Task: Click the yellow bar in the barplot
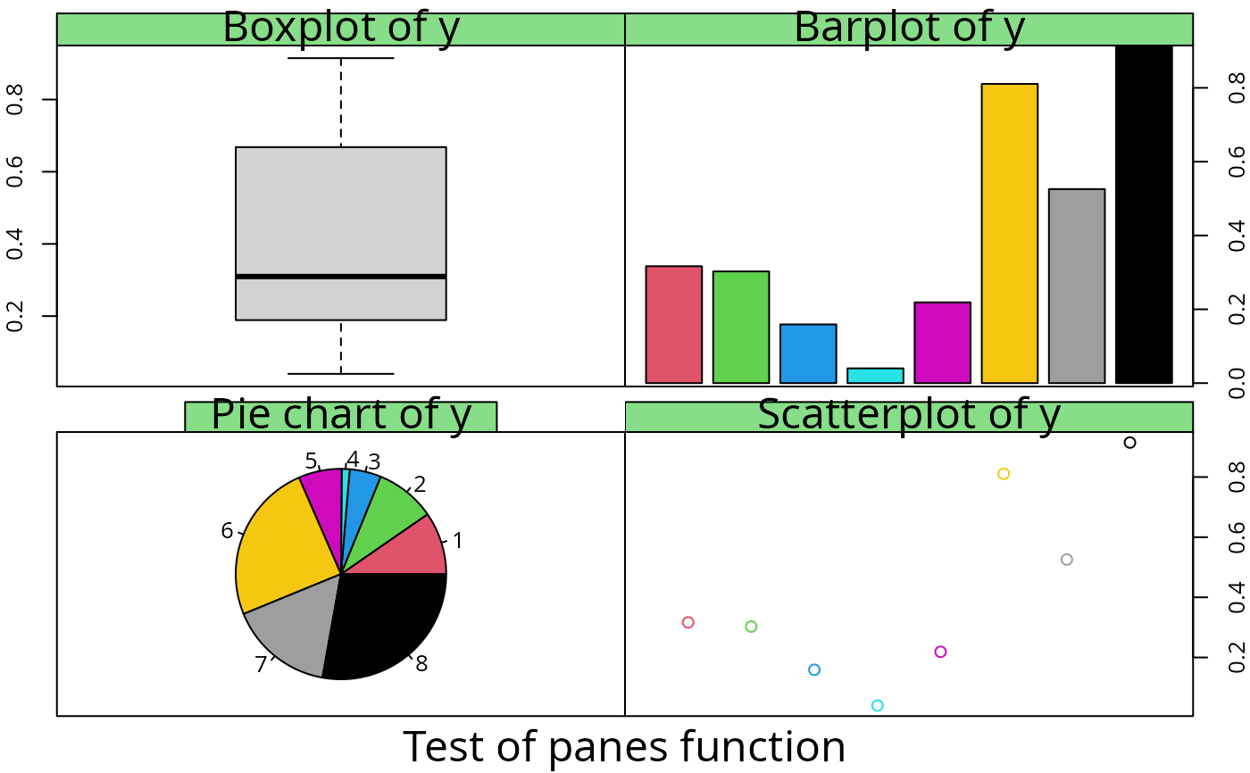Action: (x=1009, y=233)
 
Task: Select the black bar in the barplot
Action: (x=1144, y=214)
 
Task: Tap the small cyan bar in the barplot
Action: (x=875, y=376)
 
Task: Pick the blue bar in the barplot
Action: (x=808, y=353)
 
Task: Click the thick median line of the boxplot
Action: (x=340, y=277)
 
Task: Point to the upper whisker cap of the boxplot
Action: (x=340, y=58)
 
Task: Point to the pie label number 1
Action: (x=458, y=541)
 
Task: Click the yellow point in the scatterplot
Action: (x=1004, y=474)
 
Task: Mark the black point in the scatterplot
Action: (x=1129, y=443)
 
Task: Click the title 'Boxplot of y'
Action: (x=340, y=28)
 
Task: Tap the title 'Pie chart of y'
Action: (x=340, y=415)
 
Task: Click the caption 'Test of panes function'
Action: (x=624, y=746)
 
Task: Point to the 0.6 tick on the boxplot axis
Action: (x=15, y=171)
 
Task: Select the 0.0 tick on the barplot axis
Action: (x=1237, y=383)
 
